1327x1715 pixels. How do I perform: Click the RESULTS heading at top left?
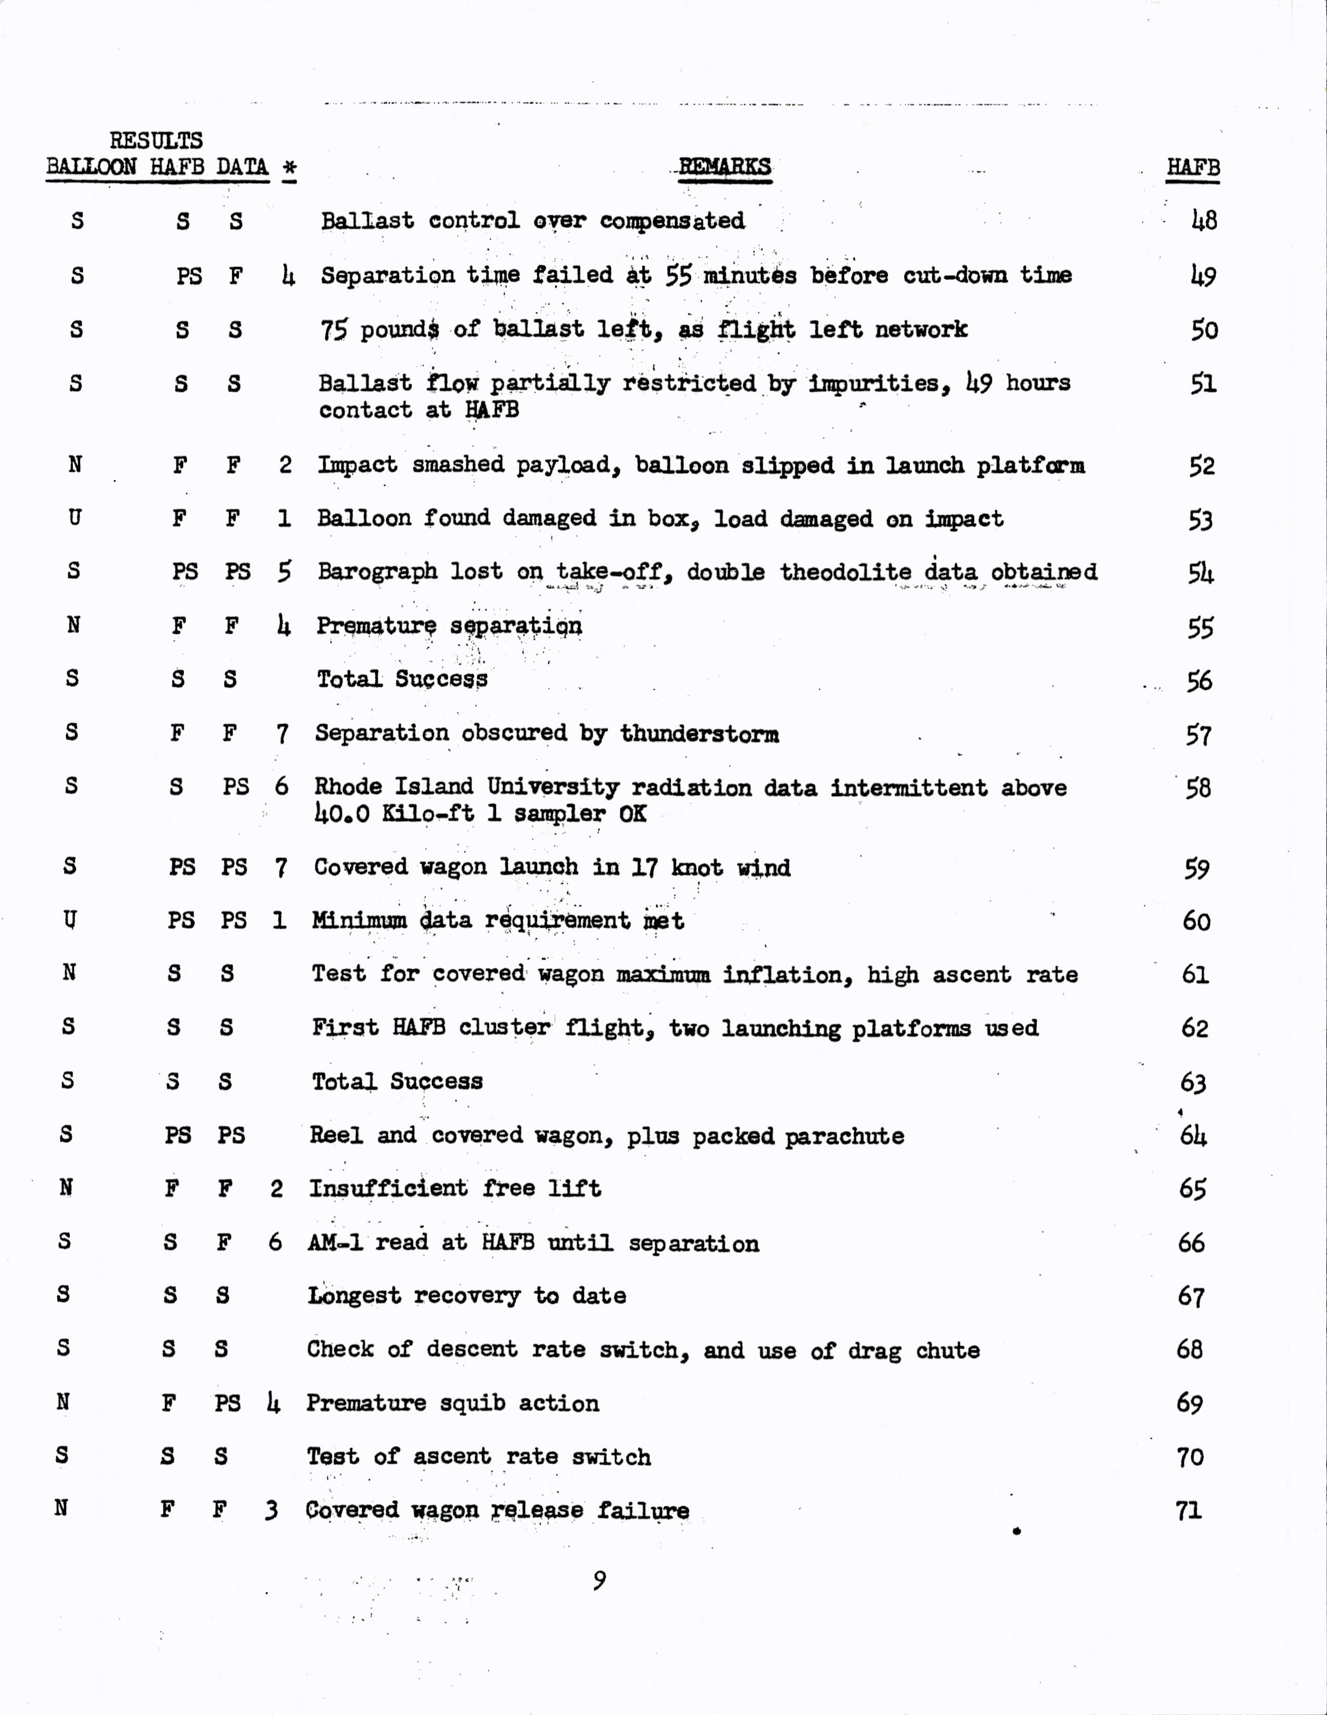click(156, 140)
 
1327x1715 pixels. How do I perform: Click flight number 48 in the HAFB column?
click(1204, 221)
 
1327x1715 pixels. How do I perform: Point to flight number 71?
click(1189, 1510)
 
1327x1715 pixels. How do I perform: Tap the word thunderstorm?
click(699, 734)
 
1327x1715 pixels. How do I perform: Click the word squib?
click(466, 1403)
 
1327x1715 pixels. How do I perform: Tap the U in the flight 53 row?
click(74, 518)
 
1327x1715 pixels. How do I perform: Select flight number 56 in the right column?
click(1199, 680)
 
